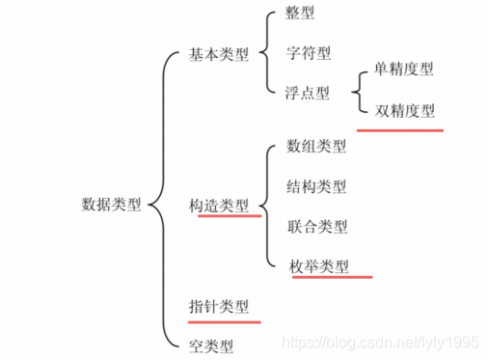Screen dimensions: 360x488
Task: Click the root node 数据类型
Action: pyautogui.click(x=111, y=205)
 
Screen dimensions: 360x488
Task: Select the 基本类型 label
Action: pyautogui.click(x=219, y=54)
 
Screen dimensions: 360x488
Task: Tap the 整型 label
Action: pyautogui.click(x=300, y=14)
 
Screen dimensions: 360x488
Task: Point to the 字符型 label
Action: pyautogui.click(x=308, y=53)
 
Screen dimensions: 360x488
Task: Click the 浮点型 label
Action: pyautogui.click(x=308, y=93)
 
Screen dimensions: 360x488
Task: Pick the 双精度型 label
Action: pyautogui.click(x=404, y=111)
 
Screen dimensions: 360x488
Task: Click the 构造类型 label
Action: pyautogui.click(x=219, y=205)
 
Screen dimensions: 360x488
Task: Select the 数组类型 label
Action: pyautogui.click(x=316, y=147)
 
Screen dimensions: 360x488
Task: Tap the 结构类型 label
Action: pyautogui.click(x=316, y=186)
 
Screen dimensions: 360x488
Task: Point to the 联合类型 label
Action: pyautogui.click(x=316, y=227)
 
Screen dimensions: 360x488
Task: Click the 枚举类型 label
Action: pyautogui.click(x=319, y=265)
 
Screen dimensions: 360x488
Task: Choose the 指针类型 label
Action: pyautogui.click(x=219, y=306)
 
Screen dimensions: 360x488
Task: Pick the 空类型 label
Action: pyautogui.click(x=211, y=343)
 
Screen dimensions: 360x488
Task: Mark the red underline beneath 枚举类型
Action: pyautogui.click(x=329, y=277)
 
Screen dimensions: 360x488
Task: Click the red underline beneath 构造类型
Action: pyautogui.click(x=229, y=216)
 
